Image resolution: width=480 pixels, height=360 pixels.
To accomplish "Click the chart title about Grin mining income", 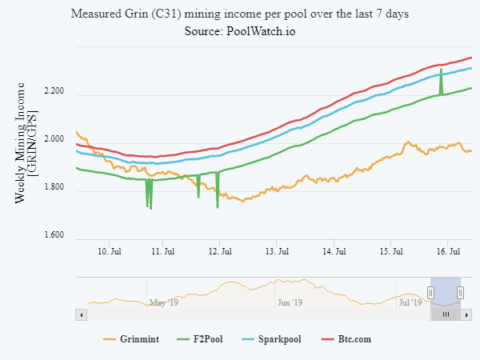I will point(240,14).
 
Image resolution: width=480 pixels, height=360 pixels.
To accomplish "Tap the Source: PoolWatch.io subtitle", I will point(240,30).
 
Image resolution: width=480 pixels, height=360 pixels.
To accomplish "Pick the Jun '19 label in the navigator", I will point(290,302).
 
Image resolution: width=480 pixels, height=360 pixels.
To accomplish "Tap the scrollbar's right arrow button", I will point(467,314).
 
